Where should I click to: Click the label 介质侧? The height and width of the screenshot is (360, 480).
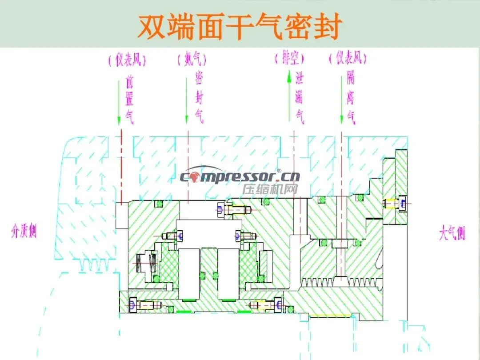click(24, 231)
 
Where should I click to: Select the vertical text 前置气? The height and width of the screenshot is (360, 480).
click(129, 99)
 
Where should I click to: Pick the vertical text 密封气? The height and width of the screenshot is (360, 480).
click(199, 99)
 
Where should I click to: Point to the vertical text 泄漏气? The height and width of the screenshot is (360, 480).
click(300, 99)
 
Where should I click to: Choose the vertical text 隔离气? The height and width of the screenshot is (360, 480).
click(351, 99)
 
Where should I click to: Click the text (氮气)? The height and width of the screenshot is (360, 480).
click(191, 59)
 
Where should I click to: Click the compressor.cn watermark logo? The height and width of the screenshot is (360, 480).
click(240, 176)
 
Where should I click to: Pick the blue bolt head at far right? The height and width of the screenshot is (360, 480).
click(403, 204)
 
